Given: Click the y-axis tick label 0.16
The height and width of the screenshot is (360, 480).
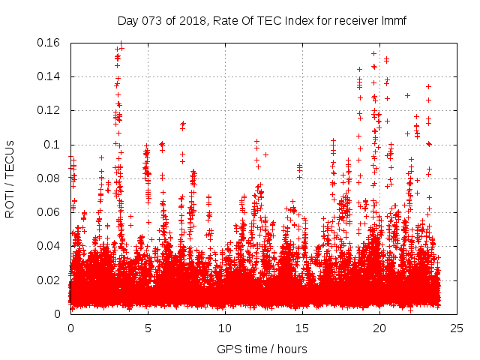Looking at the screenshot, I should (49, 43).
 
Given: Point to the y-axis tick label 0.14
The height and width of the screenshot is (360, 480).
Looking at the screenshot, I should (49, 76).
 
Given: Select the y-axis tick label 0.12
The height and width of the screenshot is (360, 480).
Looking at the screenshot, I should (49, 110).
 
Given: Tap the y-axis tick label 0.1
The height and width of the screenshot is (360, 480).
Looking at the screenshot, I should (52, 145).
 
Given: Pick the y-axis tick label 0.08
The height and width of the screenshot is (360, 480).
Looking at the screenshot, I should (49, 178).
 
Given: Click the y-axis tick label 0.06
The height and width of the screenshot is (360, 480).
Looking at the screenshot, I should (49, 212).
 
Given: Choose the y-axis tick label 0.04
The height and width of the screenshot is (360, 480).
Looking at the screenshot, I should (49, 246).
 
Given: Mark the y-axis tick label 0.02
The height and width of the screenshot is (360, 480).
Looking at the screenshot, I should (49, 280).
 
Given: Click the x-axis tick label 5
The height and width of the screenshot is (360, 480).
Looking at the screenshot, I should (148, 328).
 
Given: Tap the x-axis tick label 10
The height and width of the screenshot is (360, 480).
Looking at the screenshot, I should (225, 328).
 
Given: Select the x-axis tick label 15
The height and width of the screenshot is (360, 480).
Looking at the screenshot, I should (302, 328).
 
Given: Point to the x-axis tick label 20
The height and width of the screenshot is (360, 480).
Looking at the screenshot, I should (379, 328).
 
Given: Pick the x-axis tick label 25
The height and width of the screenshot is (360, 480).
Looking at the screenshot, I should (457, 328).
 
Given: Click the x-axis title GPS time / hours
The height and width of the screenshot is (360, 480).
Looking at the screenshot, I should (262, 349).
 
